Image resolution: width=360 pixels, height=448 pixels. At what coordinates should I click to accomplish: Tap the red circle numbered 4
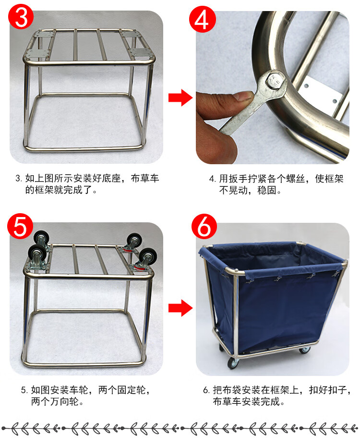coord(202,20)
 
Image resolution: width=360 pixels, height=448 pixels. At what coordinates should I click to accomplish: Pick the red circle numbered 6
coord(204,227)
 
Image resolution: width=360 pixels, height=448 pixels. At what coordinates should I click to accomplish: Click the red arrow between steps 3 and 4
coord(180,97)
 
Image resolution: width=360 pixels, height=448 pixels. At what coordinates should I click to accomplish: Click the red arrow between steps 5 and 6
coord(180,308)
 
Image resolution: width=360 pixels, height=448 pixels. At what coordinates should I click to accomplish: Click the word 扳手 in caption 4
coord(233,179)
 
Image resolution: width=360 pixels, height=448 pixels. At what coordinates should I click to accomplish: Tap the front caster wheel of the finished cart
coord(233,363)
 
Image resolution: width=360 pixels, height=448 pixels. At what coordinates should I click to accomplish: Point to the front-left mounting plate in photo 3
coord(37,53)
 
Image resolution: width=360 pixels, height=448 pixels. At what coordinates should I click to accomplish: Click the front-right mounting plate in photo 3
coord(141,52)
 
